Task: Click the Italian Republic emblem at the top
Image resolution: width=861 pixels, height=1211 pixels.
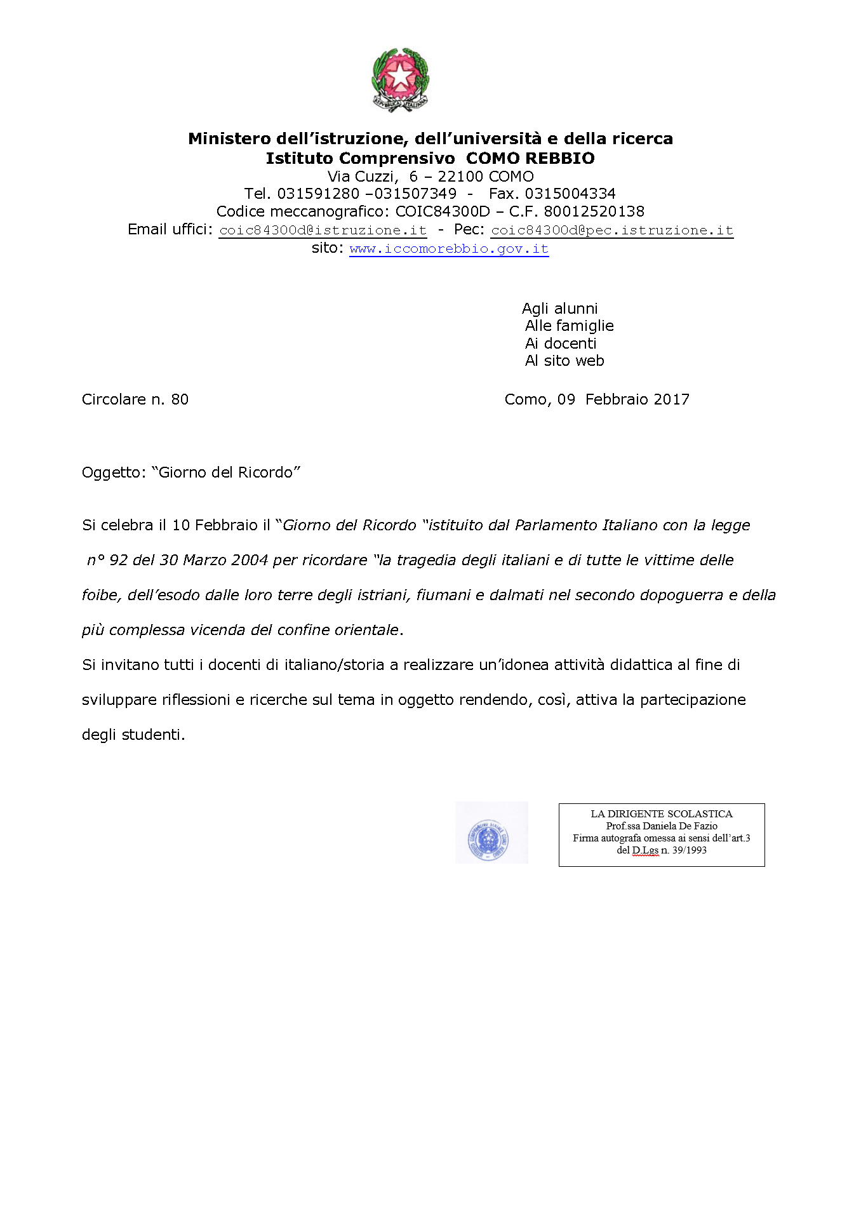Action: tap(399, 79)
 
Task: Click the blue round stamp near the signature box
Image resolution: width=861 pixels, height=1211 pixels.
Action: tap(488, 840)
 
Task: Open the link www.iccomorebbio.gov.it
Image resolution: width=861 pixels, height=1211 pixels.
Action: tap(449, 249)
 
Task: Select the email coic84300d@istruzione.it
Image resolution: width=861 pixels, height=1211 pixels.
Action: tap(323, 231)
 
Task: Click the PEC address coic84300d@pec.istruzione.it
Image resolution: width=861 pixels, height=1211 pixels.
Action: tap(612, 231)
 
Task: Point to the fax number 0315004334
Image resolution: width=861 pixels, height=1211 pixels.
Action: tap(570, 194)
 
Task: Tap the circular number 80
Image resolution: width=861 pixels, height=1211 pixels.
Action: tap(180, 399)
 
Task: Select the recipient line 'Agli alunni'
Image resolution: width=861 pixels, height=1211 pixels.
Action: tap(559, 309)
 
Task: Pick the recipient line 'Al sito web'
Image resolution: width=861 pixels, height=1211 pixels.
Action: tap(564, 361)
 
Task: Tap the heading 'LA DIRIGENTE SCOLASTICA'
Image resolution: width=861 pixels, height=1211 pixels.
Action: tap(661, 813)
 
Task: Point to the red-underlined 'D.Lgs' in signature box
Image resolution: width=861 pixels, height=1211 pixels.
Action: tap(645, 850)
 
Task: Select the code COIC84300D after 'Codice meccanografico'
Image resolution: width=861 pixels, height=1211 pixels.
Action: tap(443, 211)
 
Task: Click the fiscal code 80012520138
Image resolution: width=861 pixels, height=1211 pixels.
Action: tap(594, 211)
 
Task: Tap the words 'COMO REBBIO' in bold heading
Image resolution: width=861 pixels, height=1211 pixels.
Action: tap(530, 158)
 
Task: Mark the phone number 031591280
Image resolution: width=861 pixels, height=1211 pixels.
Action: tap(318, 194)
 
